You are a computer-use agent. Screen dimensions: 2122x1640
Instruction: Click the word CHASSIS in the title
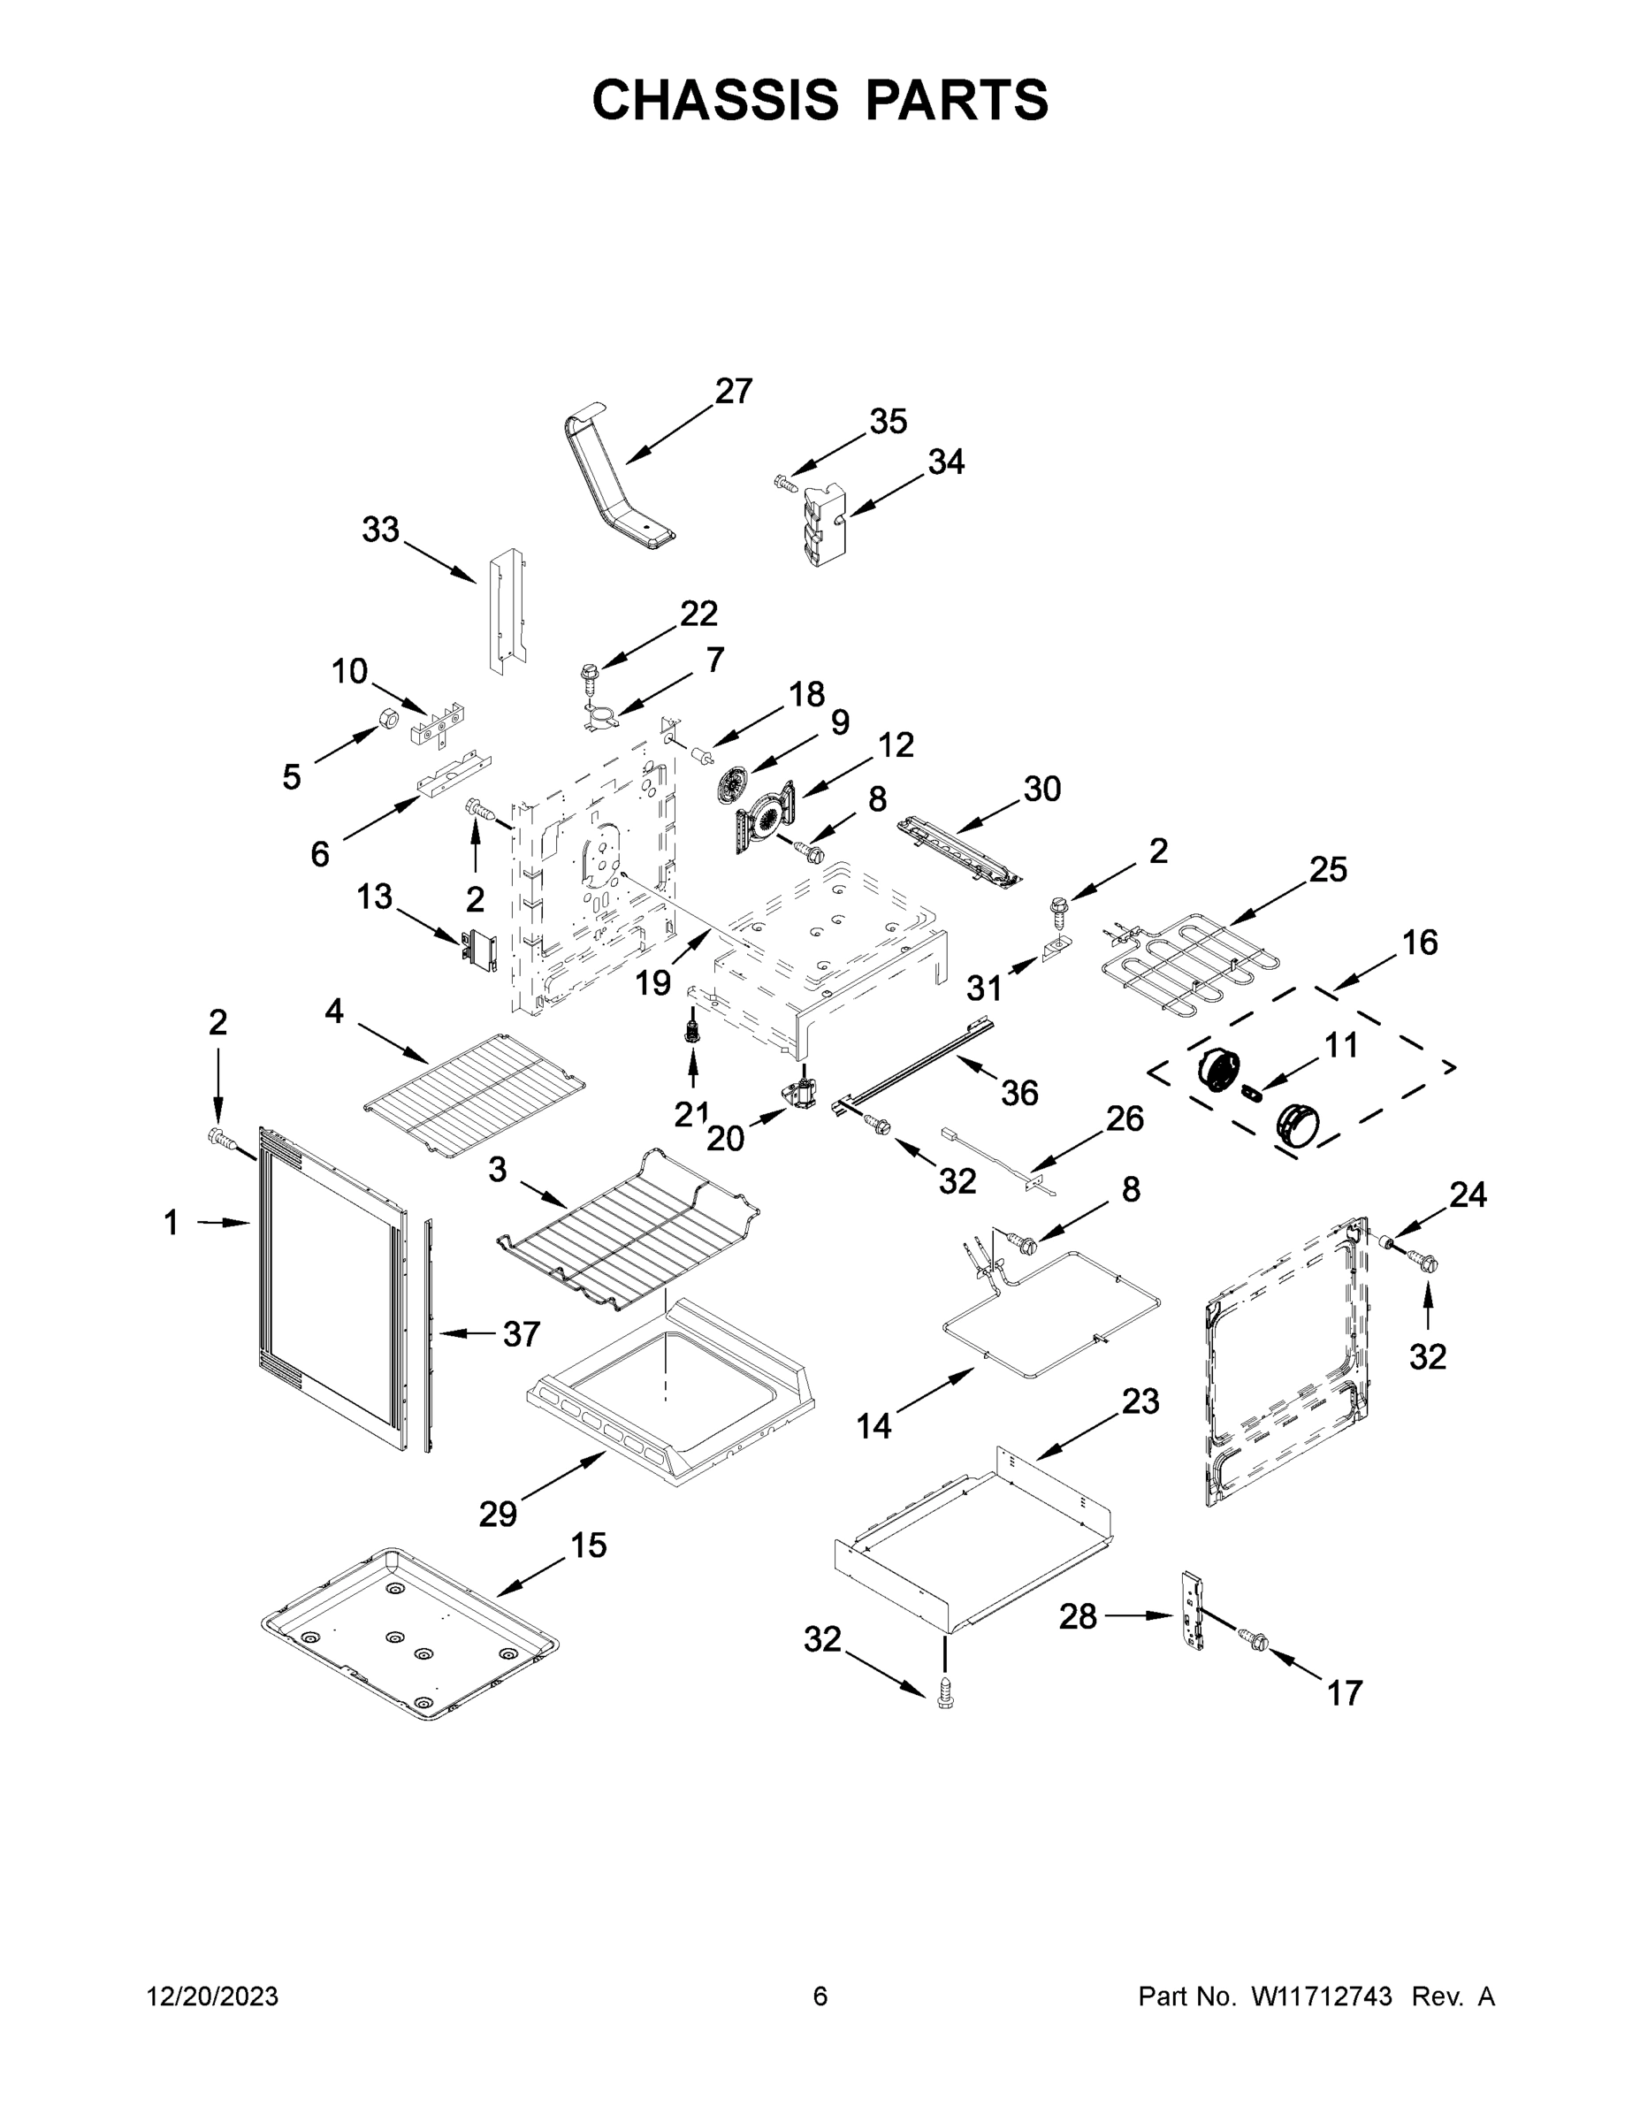coord(715,100)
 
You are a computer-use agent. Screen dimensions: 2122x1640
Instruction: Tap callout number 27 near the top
coord(734,391)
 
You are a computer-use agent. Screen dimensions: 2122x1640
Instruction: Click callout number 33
coord(381,530)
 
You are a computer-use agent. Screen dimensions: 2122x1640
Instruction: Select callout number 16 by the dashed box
coord(1420,942)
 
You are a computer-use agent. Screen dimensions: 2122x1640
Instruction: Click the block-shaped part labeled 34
coord(824,526)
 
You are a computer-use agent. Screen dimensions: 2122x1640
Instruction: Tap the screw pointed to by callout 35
coord(784,481)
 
